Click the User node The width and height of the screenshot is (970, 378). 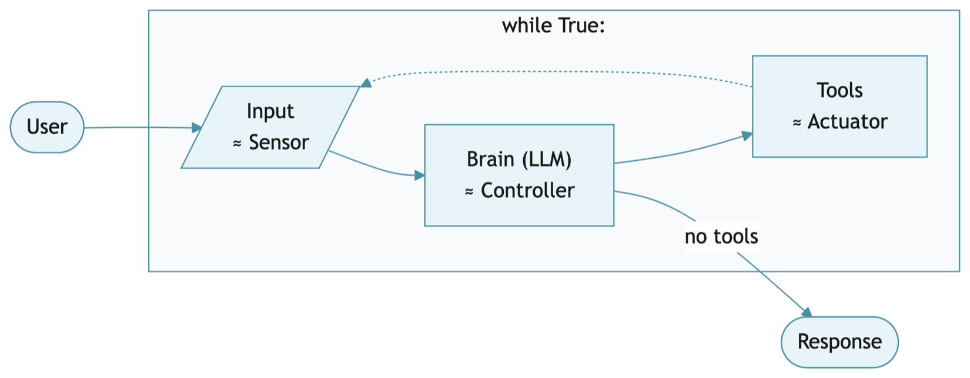47,127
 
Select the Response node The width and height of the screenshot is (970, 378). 839,342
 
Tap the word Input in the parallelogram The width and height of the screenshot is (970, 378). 270,111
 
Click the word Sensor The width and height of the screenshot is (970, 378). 279,142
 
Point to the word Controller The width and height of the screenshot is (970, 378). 527,191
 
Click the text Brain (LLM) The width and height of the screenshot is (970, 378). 519,160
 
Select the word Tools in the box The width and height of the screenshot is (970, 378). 839,91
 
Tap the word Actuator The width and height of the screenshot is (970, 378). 847,122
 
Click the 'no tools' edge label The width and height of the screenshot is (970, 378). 721,237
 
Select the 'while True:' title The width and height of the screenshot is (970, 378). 553,26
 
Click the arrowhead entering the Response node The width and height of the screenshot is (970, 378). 807,312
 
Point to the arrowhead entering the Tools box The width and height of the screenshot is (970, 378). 747,136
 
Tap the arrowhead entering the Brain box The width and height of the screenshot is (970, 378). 419,175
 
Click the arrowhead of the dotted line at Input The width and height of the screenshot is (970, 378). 366,83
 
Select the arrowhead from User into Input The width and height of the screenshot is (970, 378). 197,128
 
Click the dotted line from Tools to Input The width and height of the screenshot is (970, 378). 558,72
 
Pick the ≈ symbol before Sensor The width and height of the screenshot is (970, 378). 238,143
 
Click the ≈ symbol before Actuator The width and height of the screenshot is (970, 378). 797,122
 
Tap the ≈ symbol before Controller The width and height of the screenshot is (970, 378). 469,191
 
